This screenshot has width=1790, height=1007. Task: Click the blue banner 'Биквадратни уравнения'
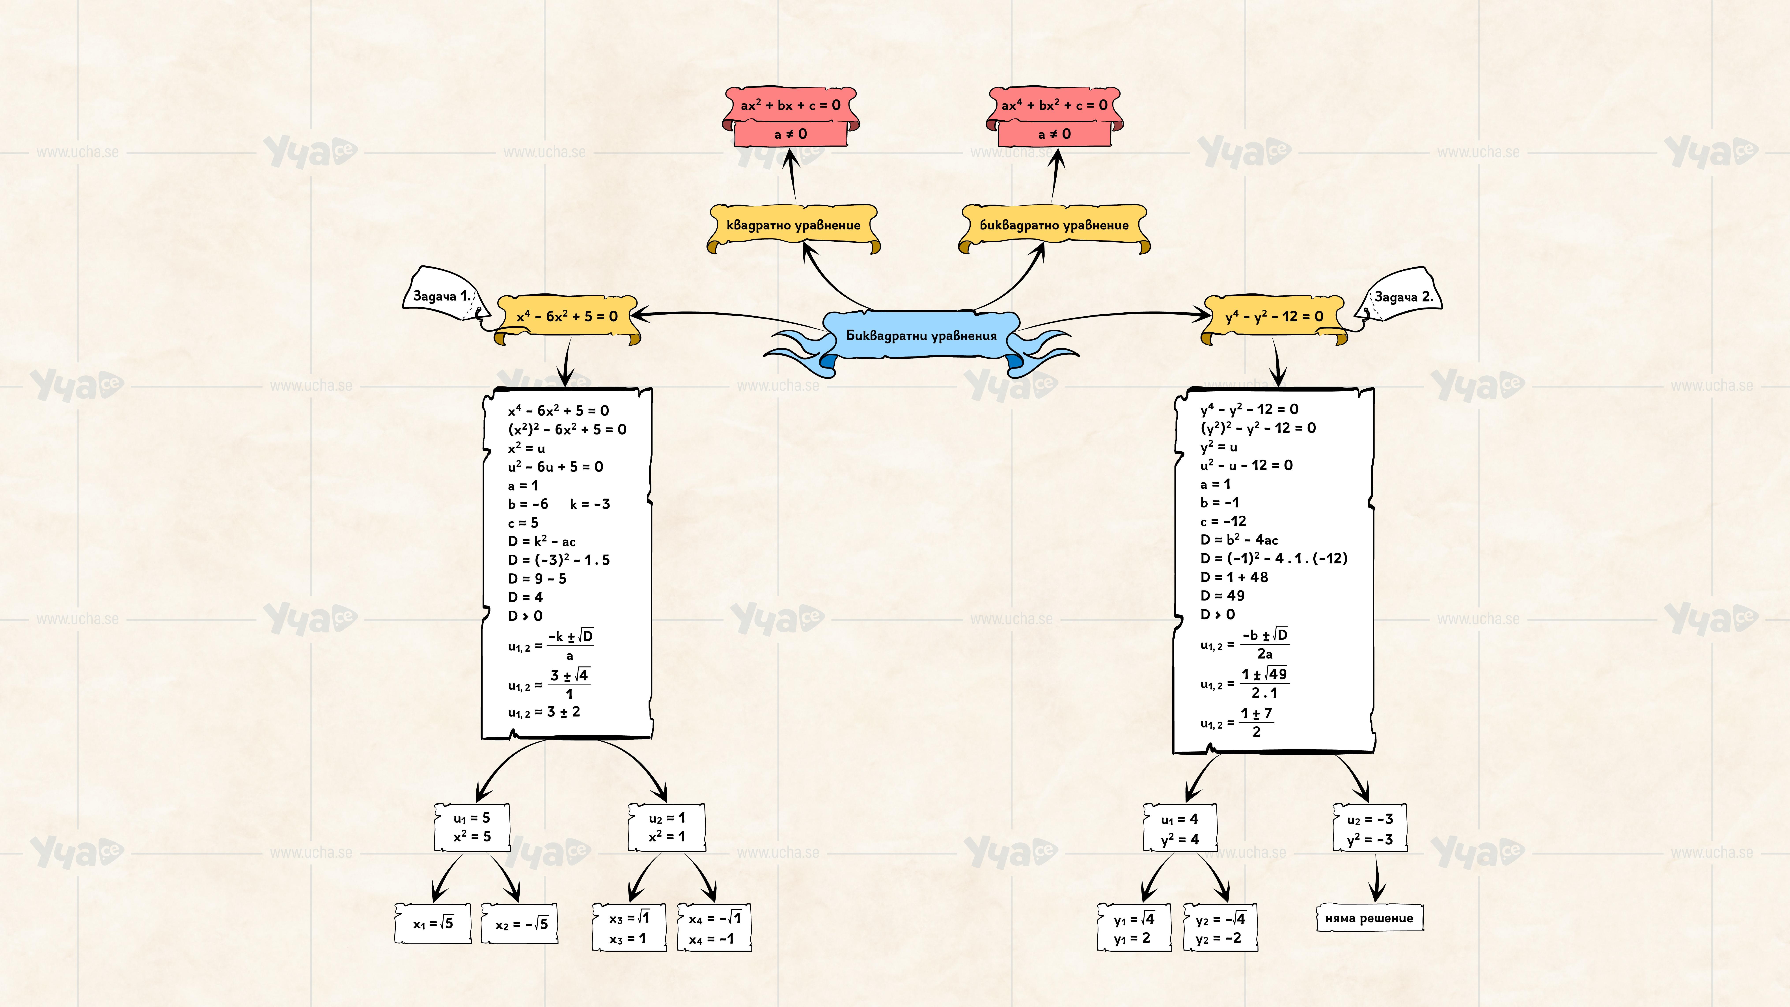pos(921,336)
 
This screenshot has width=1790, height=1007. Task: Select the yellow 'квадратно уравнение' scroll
pos(793,225)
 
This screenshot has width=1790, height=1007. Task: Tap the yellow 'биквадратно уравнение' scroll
pos(1053,225)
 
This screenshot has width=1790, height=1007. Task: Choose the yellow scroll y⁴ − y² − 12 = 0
pos(1274,317)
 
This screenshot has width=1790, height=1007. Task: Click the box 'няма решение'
pos(1369,918)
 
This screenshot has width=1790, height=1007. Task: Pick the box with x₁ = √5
pos(433,924)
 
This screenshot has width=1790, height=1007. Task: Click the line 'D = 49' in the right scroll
pos(1222,596)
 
